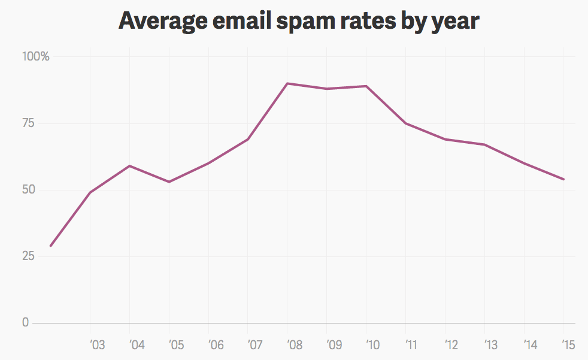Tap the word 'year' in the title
click(455, 22)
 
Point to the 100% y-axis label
click(36, 57)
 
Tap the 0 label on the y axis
click(25, 323)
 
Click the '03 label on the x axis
click(97, 345)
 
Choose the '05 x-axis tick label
click(176, 345)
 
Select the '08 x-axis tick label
click(295, 345)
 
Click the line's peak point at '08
click(287, 83)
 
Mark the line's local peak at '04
click(130, 166)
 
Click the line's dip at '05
click(169, 181)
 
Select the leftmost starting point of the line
click(51, 246)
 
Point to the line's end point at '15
click(563, 179)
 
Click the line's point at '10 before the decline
click(366, 86)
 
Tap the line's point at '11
click(406, 123)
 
